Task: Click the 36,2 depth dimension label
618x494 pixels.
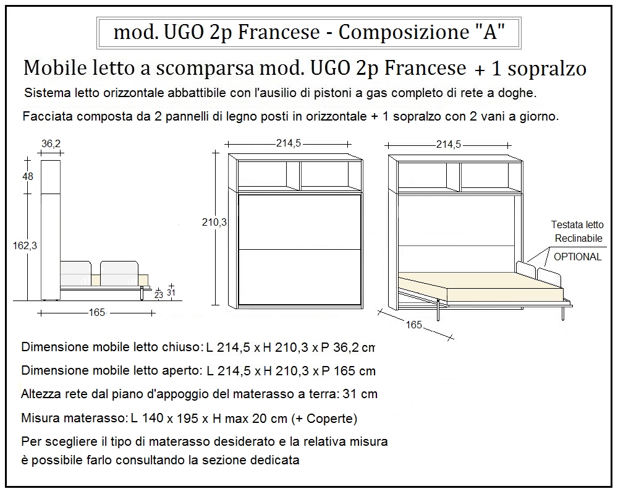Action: coord(51,143)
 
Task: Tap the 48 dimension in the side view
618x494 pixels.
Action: coord(27,176)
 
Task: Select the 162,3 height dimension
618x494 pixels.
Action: coord(25,245)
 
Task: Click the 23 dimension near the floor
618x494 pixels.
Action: coord(159,296)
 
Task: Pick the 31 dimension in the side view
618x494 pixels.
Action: coord(171,293)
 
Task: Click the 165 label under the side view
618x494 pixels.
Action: coord(97,313)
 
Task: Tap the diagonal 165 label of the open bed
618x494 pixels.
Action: coord(413,325)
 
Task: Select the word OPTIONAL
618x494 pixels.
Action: coord(577,257)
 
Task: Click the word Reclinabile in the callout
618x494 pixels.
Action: coord(577,239)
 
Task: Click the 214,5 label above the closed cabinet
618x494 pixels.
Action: coord(288,143)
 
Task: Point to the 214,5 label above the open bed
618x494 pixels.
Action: coord(449,145)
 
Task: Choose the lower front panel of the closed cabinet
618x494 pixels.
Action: coord(299,276)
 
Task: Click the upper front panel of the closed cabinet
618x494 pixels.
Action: coord(299,221)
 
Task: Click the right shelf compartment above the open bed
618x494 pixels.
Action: coord(488,176)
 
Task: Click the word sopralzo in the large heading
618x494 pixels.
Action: coord(547,69)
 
